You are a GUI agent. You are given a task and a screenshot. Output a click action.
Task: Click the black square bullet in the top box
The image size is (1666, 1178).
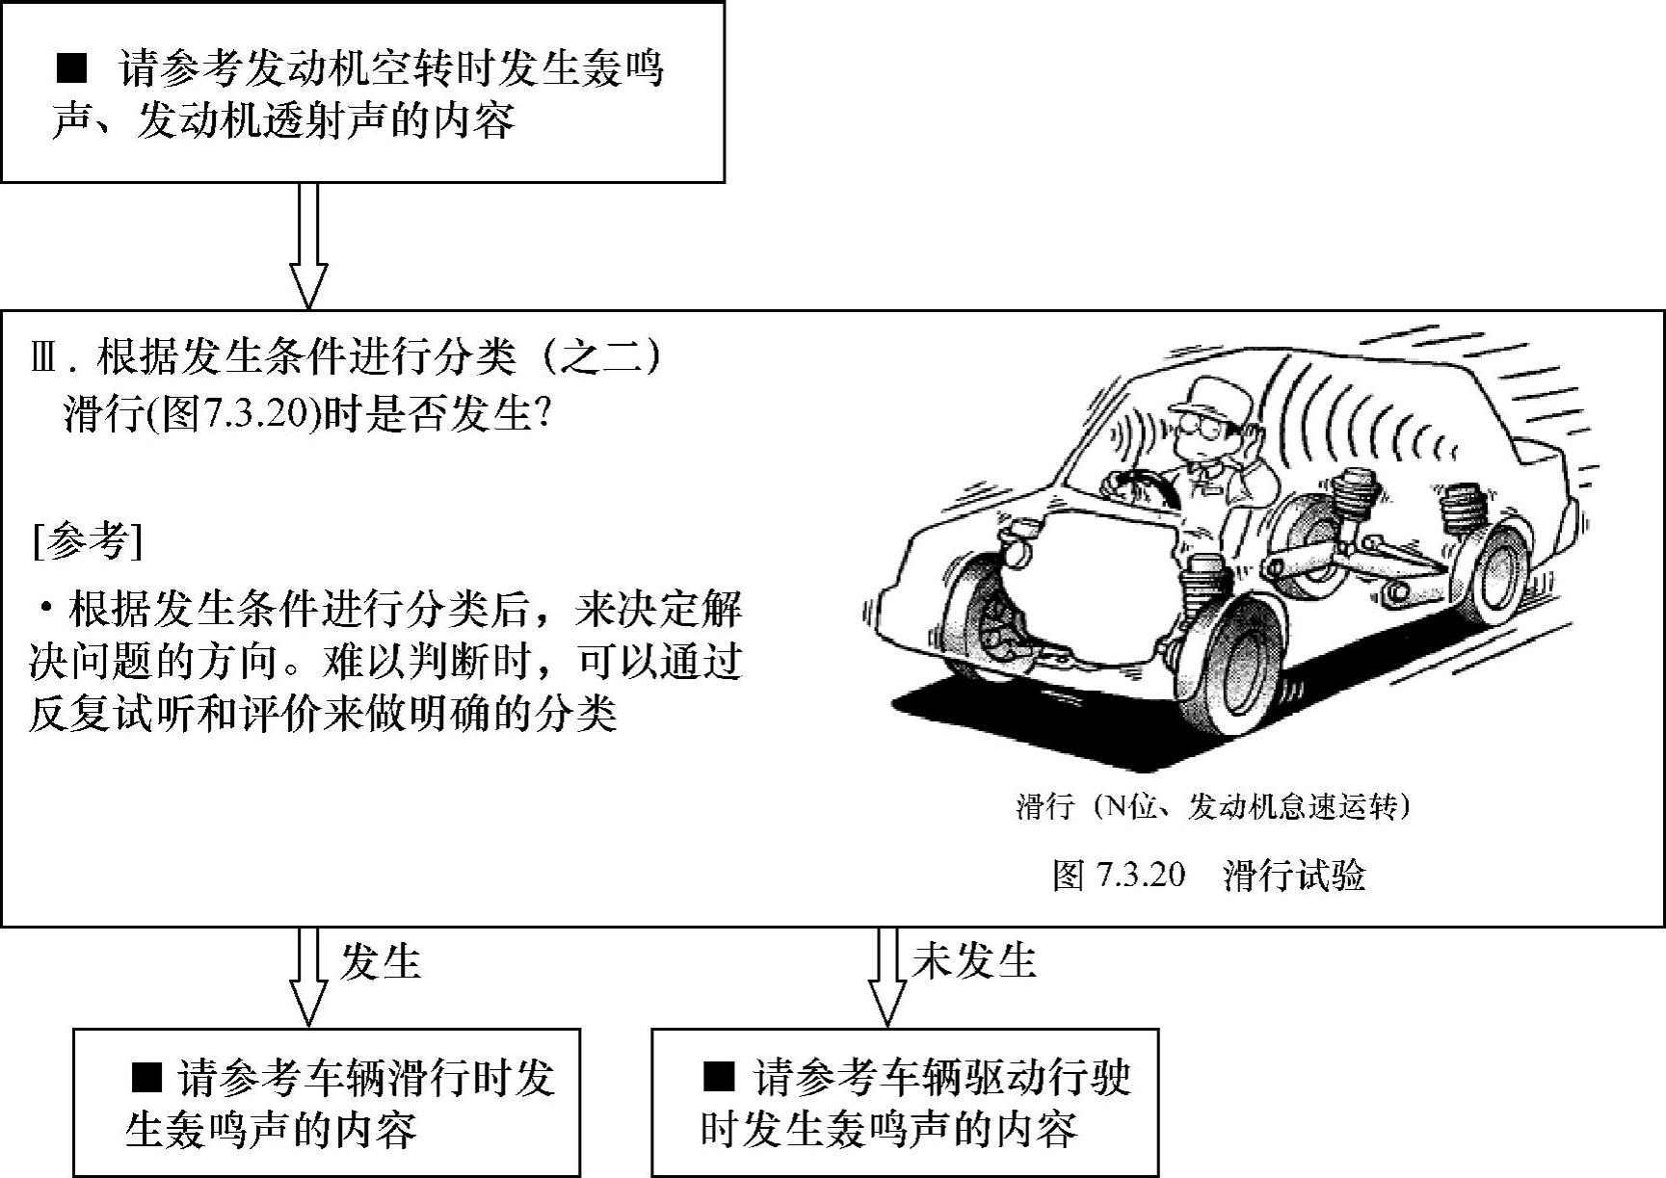[x=72, y=68]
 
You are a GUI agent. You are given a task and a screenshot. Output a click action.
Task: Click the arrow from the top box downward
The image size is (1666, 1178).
[x=308, y=245]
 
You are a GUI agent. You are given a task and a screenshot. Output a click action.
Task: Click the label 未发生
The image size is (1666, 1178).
[x=973, y=960]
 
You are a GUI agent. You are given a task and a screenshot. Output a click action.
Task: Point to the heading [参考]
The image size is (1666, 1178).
[x=87, y=540]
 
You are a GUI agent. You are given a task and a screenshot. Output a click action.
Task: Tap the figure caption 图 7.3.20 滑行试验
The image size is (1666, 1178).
[x=1208, y=875]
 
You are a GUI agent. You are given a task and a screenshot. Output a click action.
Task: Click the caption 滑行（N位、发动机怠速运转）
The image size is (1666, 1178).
[x=1213, y=806]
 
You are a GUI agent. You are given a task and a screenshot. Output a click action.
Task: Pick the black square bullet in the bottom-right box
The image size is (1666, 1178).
[x=718, y=1077]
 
